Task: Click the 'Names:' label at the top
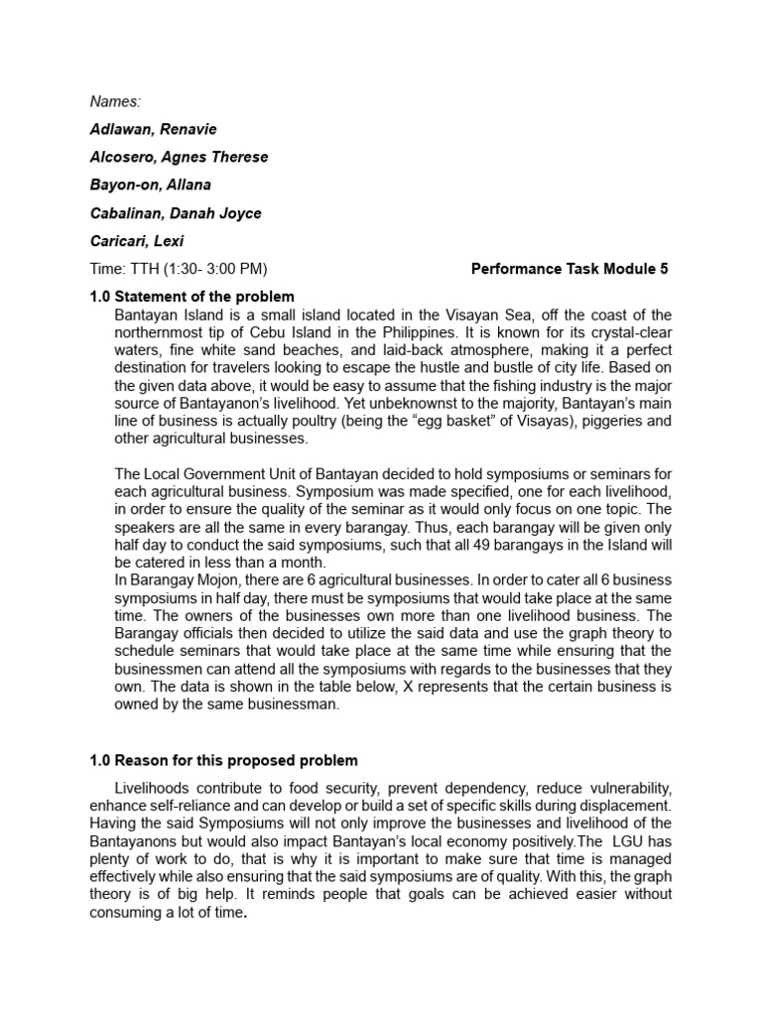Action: (115, 101)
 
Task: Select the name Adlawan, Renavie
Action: (155, 129)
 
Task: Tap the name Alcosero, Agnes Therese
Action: (180, 157)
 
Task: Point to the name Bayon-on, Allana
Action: (151, 185)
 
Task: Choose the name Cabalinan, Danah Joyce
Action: (176, 212)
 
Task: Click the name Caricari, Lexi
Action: (137, 240)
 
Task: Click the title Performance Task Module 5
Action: (570, 269)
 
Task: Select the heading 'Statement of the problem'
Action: (204, 297)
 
